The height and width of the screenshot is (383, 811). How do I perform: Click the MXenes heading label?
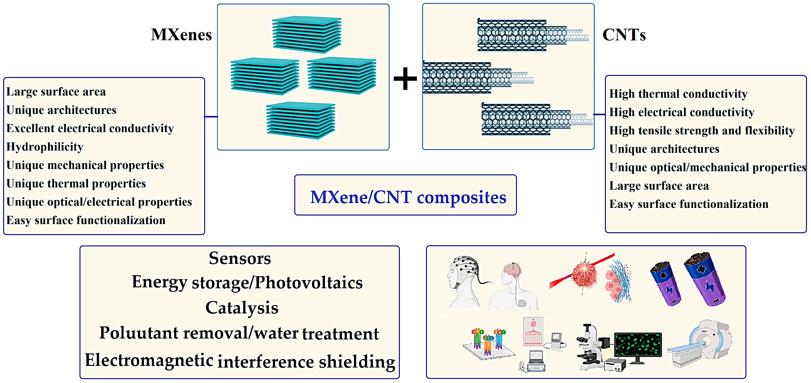181,35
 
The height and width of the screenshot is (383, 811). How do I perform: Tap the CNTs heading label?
624,35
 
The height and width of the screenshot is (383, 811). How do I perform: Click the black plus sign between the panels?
405,79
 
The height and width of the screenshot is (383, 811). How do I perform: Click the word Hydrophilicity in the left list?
45,147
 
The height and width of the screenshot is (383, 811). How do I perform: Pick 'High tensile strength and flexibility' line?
702,130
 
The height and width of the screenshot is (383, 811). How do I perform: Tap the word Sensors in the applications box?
240,258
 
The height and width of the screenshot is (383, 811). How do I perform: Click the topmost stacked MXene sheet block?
307,34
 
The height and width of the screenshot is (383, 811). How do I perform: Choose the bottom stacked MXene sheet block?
300,120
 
